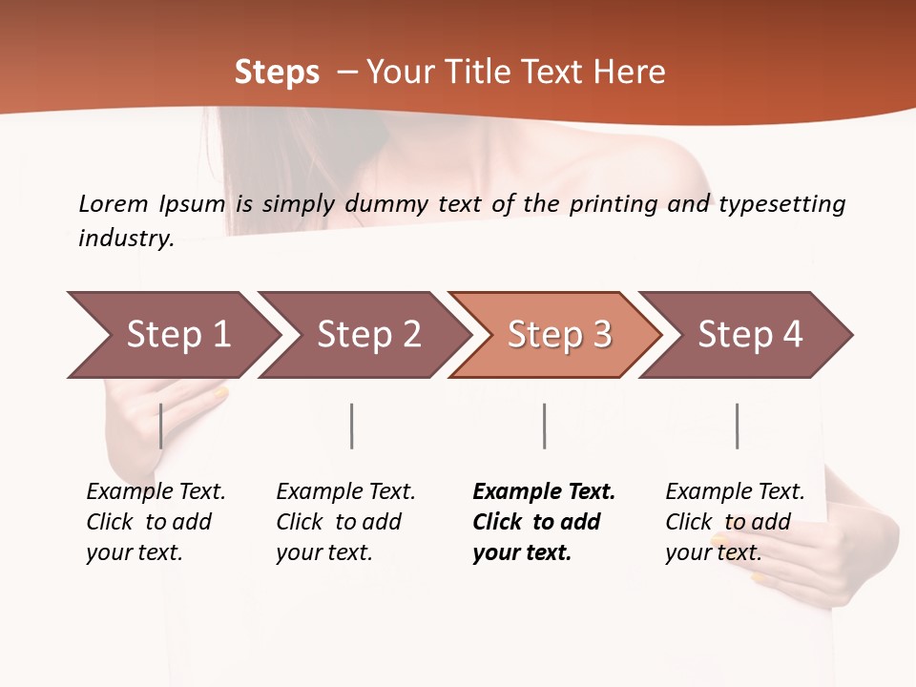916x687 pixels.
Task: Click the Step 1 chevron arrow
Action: pyautogui.click(x=177, y=335)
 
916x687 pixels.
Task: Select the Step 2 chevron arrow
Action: pyautogui.click(x=368, y=335)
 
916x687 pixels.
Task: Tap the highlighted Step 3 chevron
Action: pyautogui.click(x=559, y=335)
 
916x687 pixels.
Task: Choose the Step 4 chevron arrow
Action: pyautogui.click(x=750, y=335)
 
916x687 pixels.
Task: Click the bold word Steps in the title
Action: pyautogui.click(x=277, y=73)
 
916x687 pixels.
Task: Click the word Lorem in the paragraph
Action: pyautogui.click(x=114, y=203)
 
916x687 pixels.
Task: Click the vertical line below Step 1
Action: pyautogui.click(x=161, y=426)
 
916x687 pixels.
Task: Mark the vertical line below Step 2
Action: pyautogui.click(x=352, y=426)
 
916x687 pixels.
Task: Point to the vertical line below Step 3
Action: pyautogui.click(x=544, y=426)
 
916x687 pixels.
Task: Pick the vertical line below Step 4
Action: pyautogui.click(x=737, y=426)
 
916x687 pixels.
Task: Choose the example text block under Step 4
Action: pyautogui.click(x=735, y=522)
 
